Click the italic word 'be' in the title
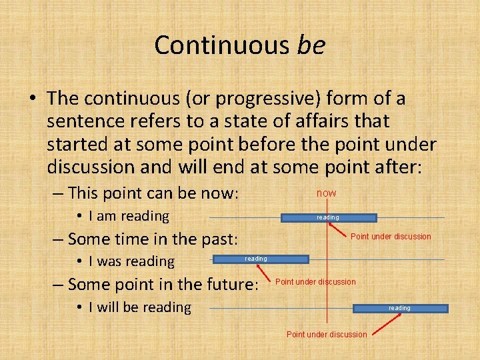[311, 45]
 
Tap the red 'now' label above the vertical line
[327, 193]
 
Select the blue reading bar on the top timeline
[329, 217]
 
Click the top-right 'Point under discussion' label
[391, 237]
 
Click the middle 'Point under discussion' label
[315, 282]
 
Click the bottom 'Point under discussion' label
[327, 335]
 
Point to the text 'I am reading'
[129, 216]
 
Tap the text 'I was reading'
[131, 261]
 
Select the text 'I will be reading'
[139, 307]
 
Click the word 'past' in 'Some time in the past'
[223, 239]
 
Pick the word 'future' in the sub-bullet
[228, 285]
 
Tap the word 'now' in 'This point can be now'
[221, 193]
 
